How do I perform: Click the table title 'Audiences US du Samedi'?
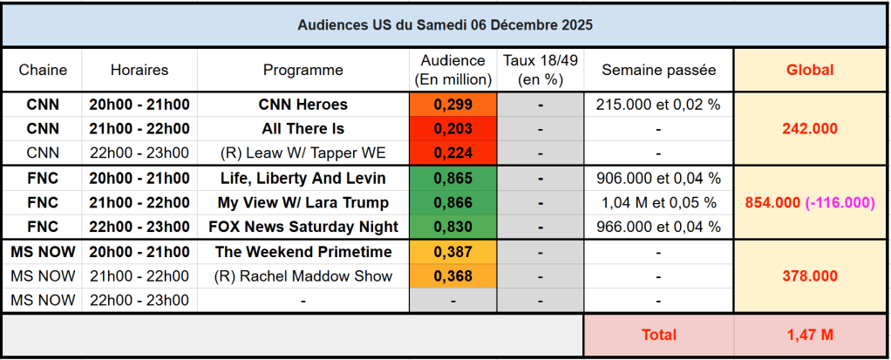(445, 25)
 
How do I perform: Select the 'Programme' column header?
(303, 70)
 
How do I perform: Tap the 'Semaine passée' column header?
(658, 70)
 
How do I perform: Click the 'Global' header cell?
(810, 70)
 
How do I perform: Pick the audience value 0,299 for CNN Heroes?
(452, 105)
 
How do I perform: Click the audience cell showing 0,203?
(452, 129)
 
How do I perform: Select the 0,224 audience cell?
(452, 153)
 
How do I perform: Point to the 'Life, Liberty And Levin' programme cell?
(303, 179)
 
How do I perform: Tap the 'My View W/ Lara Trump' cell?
(303, 203)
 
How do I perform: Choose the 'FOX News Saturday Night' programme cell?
(303, 228)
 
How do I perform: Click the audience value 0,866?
(452, 203)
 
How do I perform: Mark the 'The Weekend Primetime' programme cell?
(303, 252)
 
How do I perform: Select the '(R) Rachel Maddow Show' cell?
(303, 276)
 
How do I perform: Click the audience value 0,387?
(452, 252)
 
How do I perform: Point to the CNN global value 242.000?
(810, 129)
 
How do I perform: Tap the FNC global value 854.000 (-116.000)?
(810, 203)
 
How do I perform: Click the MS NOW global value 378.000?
(810, 276)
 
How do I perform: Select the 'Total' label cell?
(658, 335)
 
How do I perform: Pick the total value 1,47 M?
(810, 335)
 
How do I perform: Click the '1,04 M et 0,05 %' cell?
(658, 203)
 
